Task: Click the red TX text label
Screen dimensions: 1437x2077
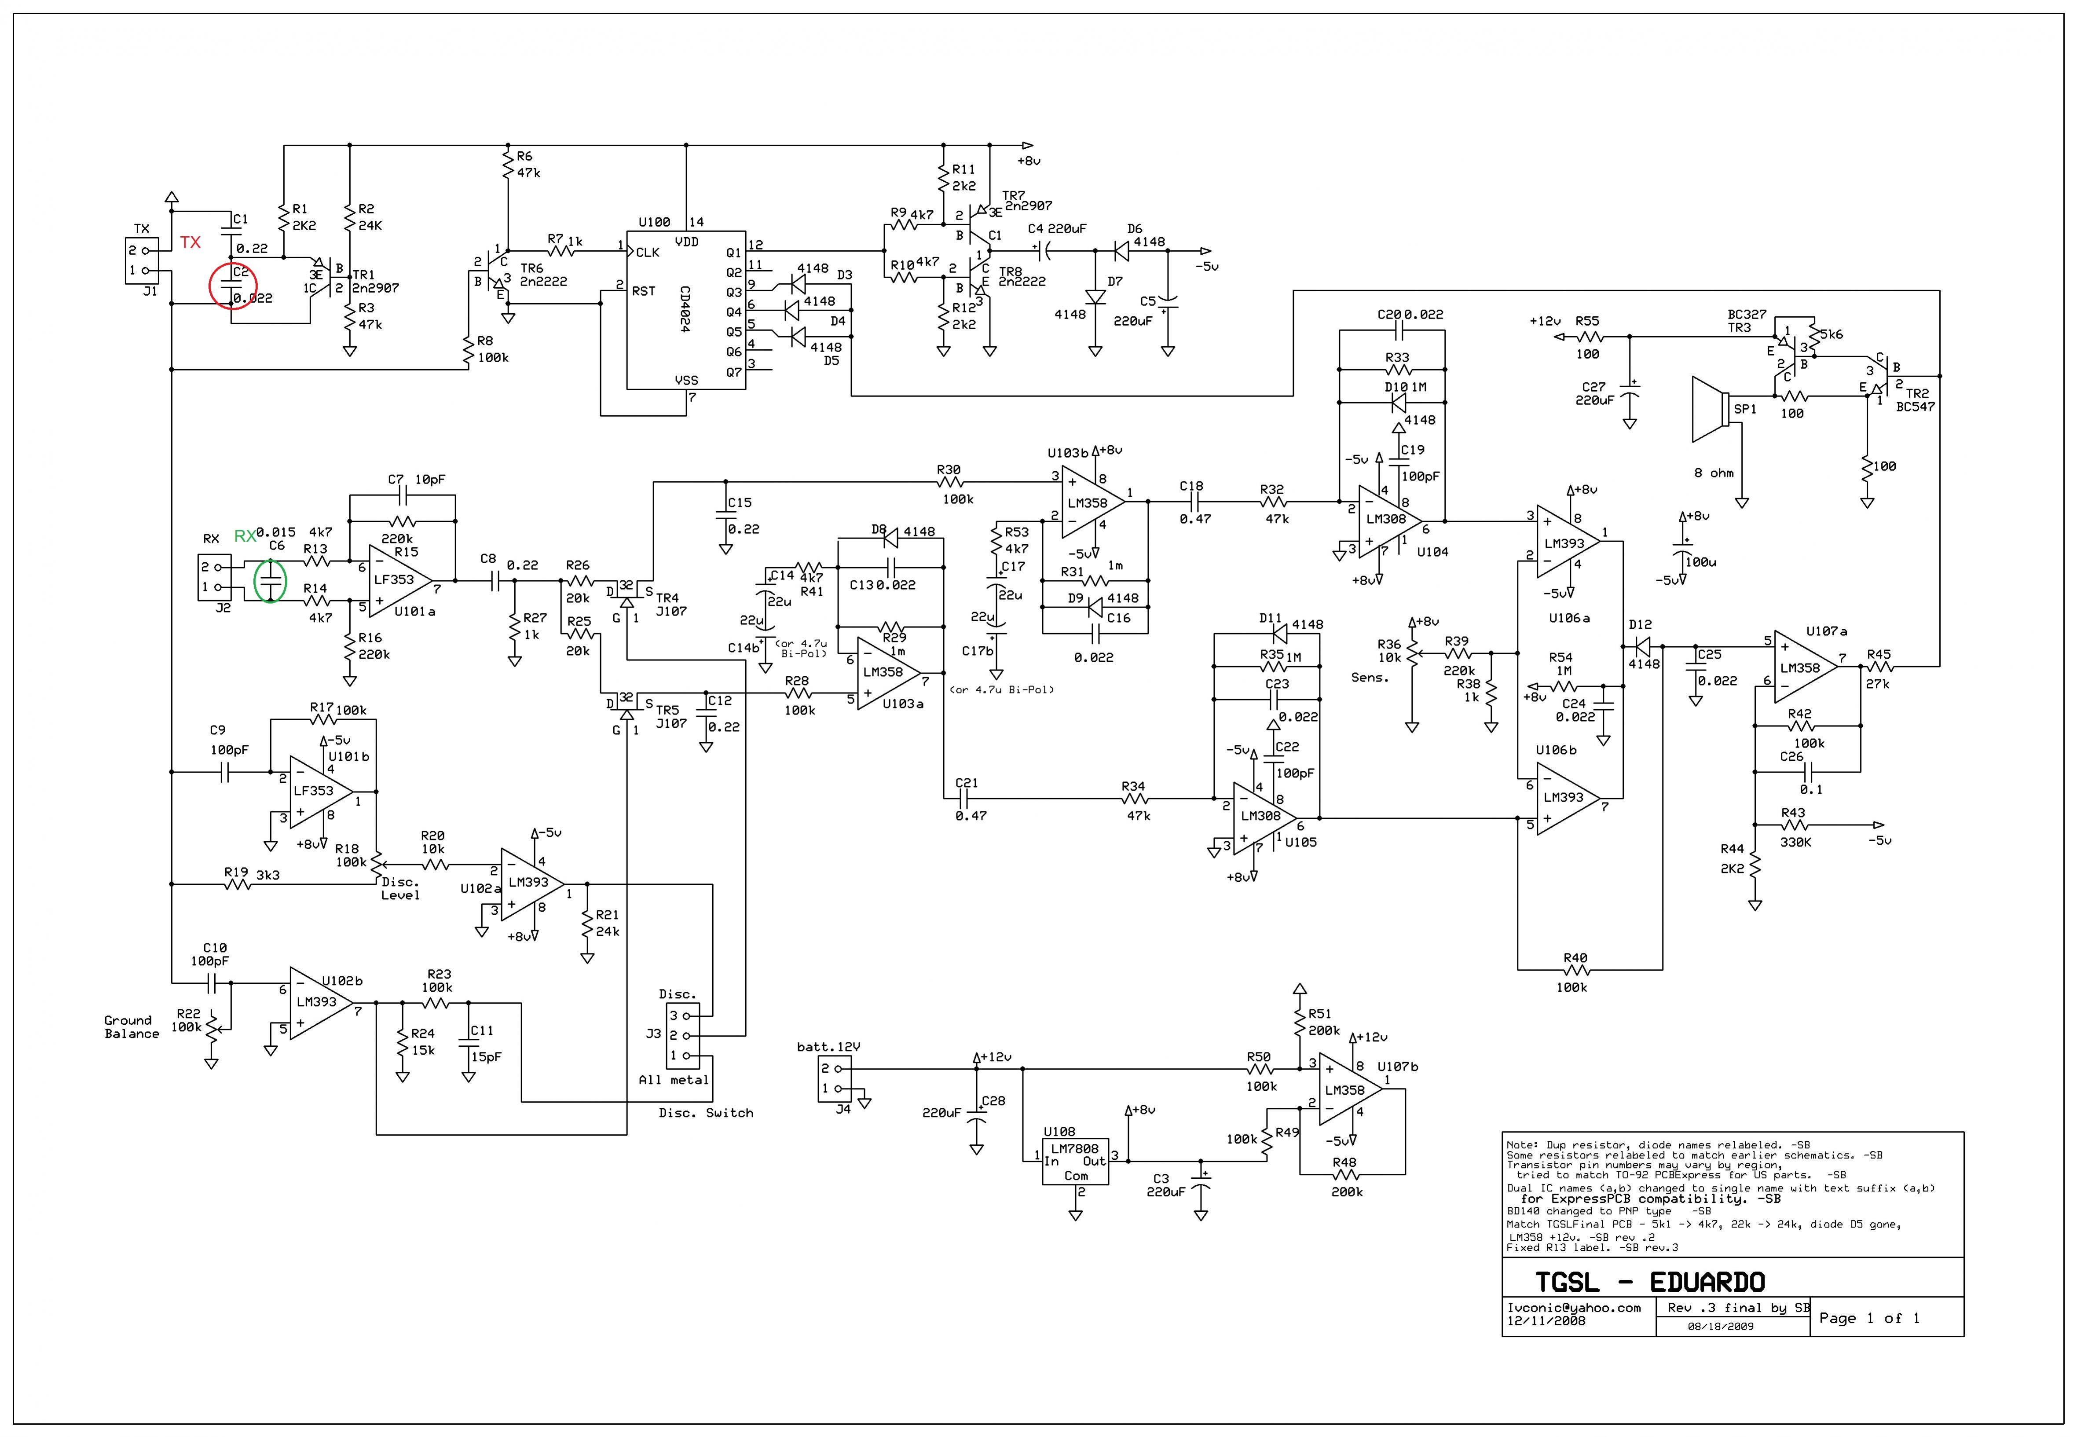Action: (190, 242)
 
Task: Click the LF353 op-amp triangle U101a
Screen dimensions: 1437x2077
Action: (400, 581)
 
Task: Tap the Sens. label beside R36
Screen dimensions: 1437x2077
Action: (1370, 678)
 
